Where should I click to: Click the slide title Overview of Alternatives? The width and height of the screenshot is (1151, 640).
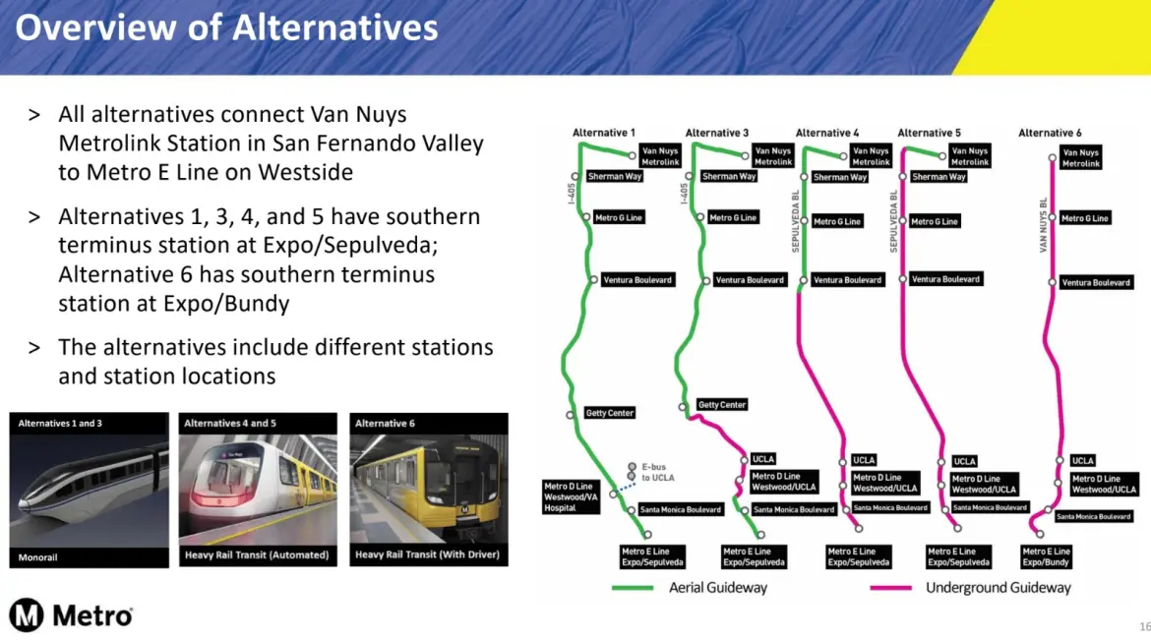[x=226, y=28]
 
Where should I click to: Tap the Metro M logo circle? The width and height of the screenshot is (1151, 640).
[x=27, y=614]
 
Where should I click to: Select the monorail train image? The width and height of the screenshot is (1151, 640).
[x=89, y=491]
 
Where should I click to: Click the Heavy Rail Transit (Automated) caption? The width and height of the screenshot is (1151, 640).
[x=257, y=554]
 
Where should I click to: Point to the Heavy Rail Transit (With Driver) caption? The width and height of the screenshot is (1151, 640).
[x=427, y=554]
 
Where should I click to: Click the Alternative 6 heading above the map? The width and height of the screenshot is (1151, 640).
[x=1049, y=133]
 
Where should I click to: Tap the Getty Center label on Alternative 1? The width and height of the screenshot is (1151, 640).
[x=609, y=413]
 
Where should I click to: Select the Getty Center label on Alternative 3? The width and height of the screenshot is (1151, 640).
[x=721, y=404]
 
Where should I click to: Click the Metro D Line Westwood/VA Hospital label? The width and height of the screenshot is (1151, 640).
[x=571, y=496]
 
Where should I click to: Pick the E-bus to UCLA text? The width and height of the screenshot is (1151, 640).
[x=658, y=472]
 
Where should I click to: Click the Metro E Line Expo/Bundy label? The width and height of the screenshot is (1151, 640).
[x=1046, y=556]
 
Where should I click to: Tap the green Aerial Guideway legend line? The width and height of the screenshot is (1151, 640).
[x=632, y=588]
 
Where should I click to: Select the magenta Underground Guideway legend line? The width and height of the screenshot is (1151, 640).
[x=890, y=588]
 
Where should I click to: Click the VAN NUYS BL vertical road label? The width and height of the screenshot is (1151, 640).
[x=1043, y=225]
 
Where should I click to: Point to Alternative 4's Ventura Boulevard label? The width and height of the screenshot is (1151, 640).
[x=847, y=279]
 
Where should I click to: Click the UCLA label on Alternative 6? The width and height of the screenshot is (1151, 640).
[x=1083, y=460]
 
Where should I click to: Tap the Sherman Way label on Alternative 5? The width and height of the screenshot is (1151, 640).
[x=939, y=177]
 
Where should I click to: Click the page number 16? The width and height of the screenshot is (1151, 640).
[x=1144, y=626]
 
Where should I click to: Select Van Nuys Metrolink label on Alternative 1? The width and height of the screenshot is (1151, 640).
[x=660, y=155]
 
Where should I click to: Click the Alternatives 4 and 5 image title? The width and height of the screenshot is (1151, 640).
[x=230, y=424]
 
